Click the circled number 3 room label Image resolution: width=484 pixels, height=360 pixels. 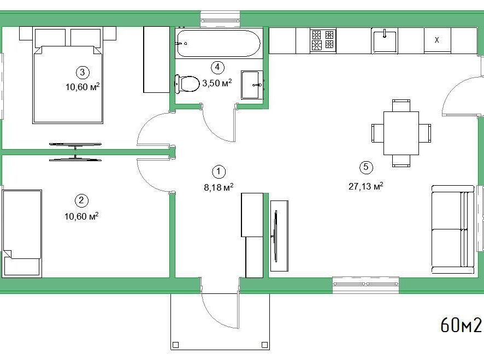(82, 72)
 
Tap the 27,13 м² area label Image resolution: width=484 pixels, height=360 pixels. (366, 186)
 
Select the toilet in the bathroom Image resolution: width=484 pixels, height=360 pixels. (187, 84)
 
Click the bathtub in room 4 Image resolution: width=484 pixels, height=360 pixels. (219, 44)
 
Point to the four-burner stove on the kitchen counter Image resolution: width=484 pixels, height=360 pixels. (323, 40)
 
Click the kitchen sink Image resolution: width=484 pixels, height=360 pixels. (384, 41)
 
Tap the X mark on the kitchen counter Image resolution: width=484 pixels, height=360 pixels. (437, 40)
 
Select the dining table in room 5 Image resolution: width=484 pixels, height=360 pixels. (402, 133)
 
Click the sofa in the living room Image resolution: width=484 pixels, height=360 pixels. (452, 229)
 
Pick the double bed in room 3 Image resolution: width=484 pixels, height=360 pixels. (68, 75)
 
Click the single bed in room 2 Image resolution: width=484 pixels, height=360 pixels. (22, 233)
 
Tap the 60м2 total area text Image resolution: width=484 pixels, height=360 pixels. (461, 325)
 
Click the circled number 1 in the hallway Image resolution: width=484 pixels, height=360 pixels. (219, 172)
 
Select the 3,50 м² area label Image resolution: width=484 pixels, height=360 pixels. (217, 82)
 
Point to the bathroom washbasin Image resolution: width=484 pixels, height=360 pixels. (252, 85)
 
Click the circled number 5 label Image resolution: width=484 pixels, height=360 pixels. (366, 167)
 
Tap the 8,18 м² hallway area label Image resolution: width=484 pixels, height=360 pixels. (219, 187)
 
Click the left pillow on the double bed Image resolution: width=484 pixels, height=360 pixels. (50, 38)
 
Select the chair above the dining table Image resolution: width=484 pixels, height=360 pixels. (402, 105)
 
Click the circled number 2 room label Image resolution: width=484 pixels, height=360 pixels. (81, 200)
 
